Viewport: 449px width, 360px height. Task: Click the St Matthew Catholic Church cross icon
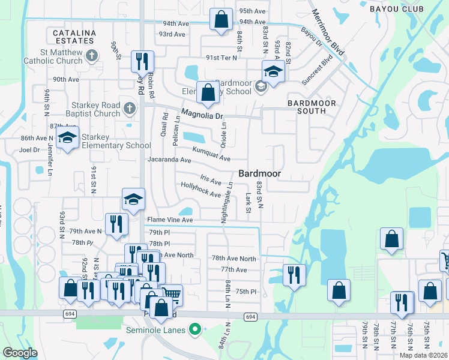coord(91,56)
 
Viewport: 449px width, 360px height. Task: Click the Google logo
coord(20,353)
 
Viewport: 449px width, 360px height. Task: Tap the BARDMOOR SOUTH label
coord(311,107)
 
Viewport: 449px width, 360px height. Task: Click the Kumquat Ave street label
coord(211,154)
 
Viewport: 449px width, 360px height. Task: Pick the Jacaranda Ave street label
coord(169,160)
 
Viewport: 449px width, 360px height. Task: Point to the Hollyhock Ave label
coord(201,190)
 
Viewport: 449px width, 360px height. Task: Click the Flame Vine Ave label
coord(170,220)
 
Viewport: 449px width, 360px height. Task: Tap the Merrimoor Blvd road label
coord(327,34)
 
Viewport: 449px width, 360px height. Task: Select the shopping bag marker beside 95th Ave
coord(221,19)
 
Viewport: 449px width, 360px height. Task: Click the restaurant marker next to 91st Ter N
coord(142,61)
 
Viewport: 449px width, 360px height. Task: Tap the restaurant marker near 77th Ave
coord(294,275)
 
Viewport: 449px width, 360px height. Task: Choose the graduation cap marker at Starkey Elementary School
coord(68,138)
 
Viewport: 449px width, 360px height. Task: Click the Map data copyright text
coord(424,355)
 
